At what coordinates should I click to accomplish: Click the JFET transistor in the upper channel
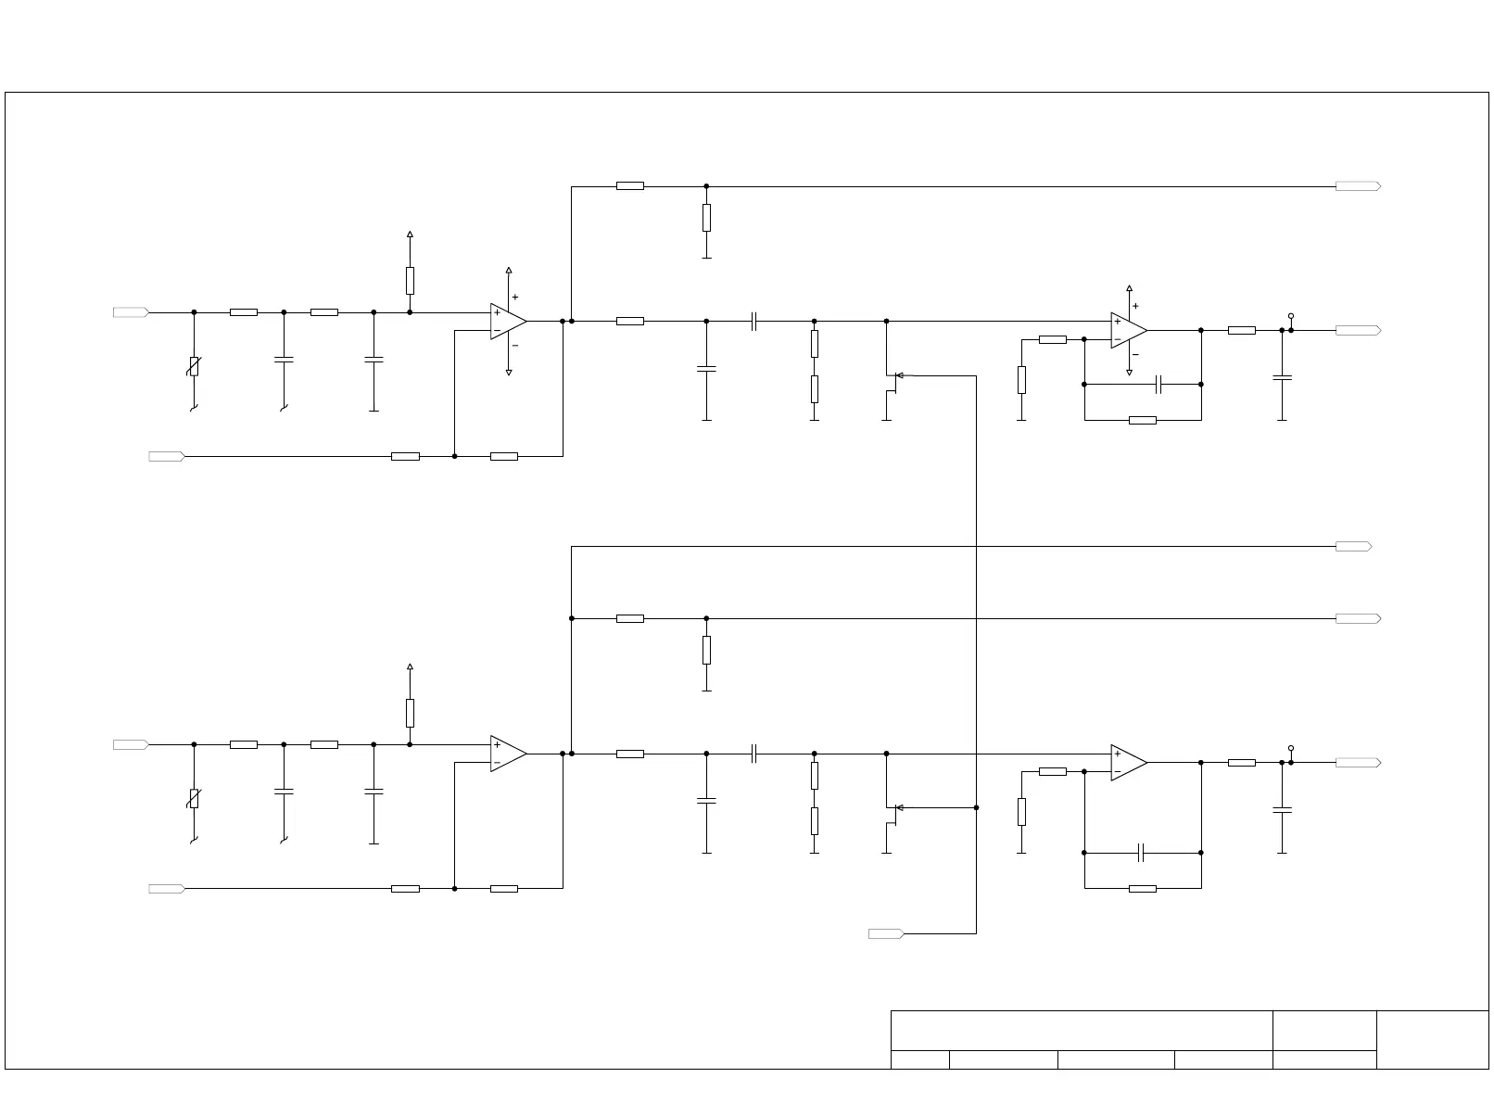point(890,376)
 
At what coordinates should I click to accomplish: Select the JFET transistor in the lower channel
point(890,808)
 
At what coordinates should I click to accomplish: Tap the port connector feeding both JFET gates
point(886,933)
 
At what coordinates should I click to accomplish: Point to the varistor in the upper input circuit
point(194,366)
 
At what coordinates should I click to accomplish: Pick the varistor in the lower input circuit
point(194,798)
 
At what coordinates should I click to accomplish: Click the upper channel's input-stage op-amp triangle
point(507,322)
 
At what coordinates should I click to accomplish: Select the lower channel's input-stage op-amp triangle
point(507,754)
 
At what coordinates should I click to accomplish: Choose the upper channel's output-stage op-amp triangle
point(1128,330)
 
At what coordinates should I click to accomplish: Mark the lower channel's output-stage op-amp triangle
point(1128,763)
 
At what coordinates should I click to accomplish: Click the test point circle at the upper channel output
point(1291,316)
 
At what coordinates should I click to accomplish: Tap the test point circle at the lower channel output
point(1291,748)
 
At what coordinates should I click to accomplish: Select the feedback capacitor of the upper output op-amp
point(1158,384)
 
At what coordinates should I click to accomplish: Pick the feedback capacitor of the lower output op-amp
point(1142,853)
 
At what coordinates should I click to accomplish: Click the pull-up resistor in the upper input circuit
point(410,280)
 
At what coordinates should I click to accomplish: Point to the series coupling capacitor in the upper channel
point(754,322)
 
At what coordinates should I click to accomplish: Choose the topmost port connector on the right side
point(1358,186)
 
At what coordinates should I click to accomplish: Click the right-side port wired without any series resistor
point(1353,547)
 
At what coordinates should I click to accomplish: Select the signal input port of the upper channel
point(131,312)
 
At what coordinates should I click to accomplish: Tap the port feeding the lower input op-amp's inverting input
point(167,889)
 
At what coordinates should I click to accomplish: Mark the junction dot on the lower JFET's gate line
point(976,807)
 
